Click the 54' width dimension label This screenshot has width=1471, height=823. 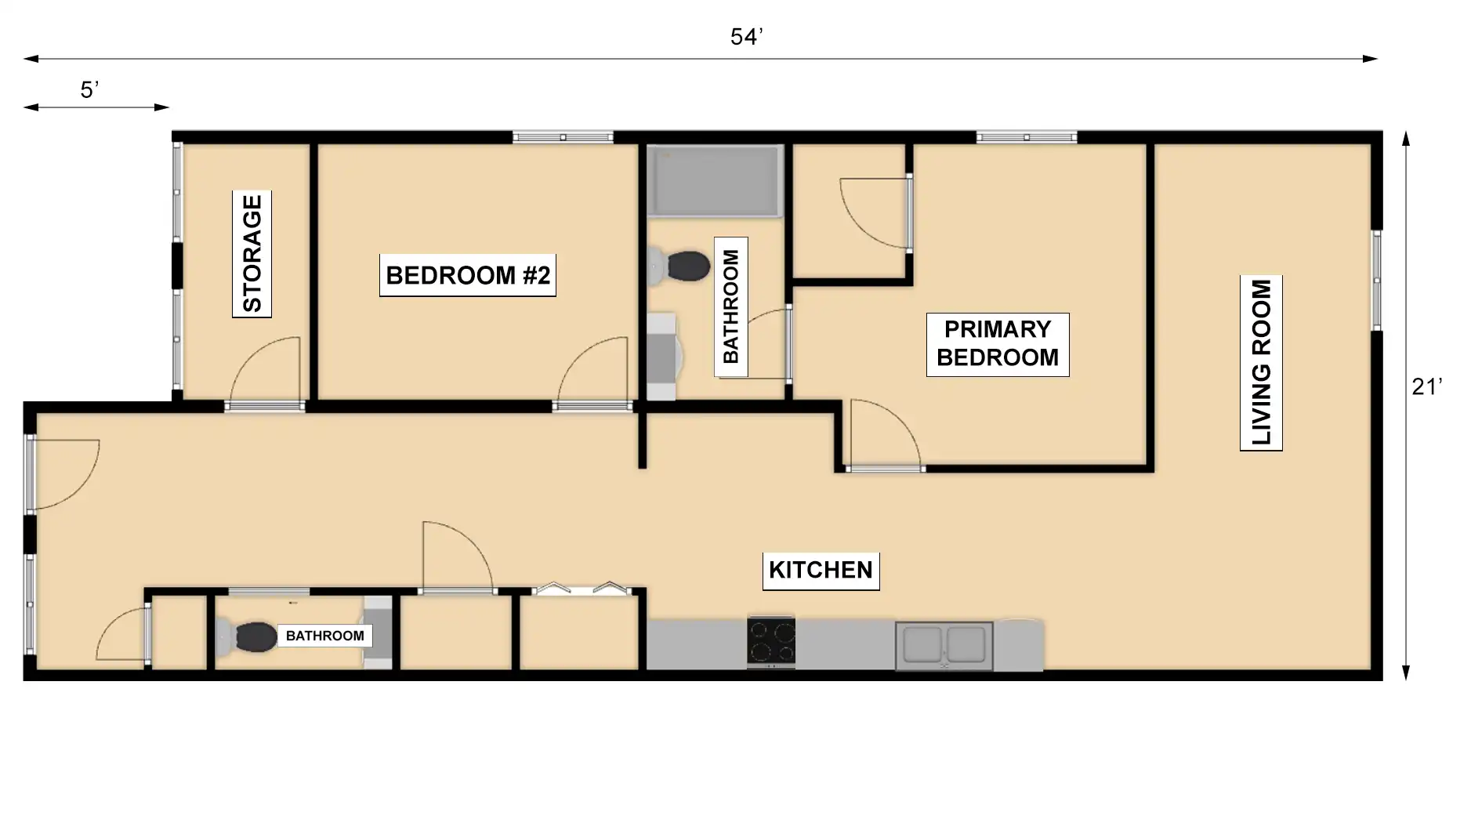tap(746, 37)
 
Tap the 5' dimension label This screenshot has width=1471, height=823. tap(89, 90)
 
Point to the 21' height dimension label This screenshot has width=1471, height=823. tap(1426, 386)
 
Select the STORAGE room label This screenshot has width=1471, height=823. tap(252, 254)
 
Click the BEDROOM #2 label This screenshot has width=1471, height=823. tap(468, 275)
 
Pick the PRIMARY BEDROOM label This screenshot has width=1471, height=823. tap(998, 343)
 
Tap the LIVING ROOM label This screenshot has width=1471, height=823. tap(1261, 363)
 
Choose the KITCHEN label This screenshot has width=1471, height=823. tap(821, 570)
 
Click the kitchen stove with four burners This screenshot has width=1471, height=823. tap(771, 642)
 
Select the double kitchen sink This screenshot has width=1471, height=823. tap(944, 646)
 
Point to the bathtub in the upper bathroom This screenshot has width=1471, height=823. tap(716, 181)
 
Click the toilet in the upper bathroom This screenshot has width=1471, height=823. tap(679, 266)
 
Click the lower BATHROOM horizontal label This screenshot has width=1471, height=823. tap(324, 636)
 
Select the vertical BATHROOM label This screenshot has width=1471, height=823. tap(730, 306)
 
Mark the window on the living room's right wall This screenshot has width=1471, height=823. tap(1375, 280)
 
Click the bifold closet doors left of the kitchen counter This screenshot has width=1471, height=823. tap(581, 589)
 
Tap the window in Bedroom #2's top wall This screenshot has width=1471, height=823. tap(563, 138)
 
